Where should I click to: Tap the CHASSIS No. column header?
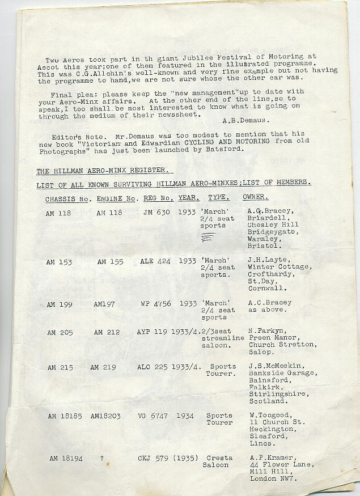(x=68, y=199)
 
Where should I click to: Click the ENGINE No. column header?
(x=117, y=199)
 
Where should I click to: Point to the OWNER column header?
(x=256, y=198)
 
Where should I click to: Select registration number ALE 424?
(x=155, y=261)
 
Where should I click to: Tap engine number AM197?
(x=104, y=304)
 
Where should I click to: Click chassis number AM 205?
(x=60, y=333)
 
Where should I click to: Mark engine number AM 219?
(x=103, y=368)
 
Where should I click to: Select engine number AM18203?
(x=108, y=416)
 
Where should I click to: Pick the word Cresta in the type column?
(x=219, y=457)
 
